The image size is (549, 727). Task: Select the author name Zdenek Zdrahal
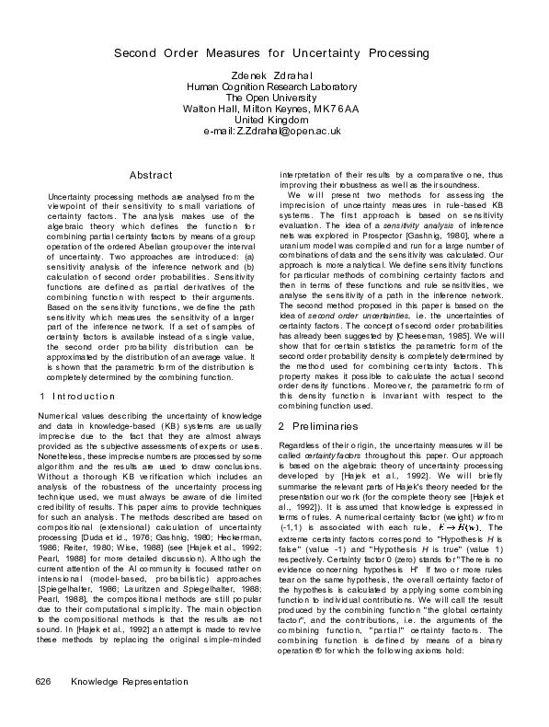click(273, 75)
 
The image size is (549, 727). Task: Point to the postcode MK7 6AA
click(338, 109)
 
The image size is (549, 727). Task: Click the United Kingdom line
click(273, 120)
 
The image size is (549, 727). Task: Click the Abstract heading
click(151, 175)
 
